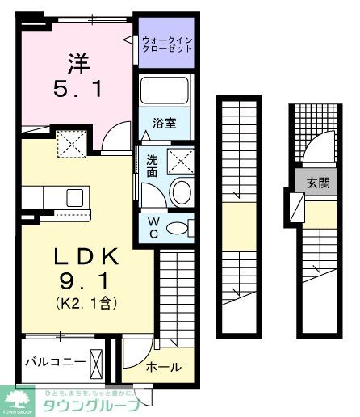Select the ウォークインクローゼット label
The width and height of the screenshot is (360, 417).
167,43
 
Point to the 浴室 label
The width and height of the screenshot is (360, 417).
165,124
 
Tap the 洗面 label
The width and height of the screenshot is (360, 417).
152,166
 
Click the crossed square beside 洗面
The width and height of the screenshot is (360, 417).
182,160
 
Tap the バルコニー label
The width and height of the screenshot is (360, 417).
54,361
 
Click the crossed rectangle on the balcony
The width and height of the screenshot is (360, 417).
98,361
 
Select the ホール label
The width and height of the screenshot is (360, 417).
163,366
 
